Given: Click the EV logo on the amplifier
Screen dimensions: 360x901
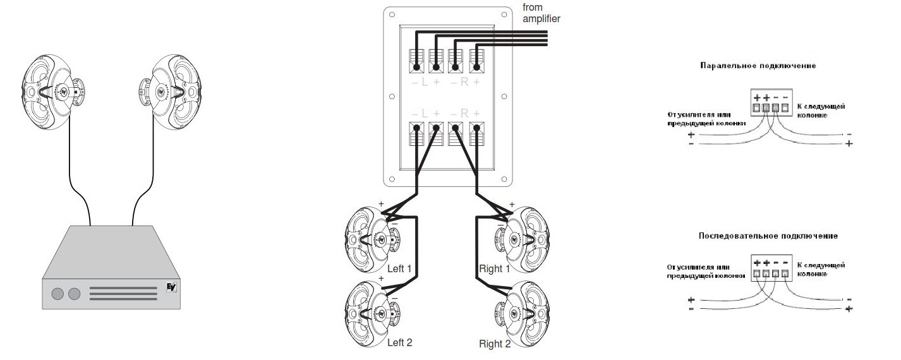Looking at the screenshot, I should point(171,286).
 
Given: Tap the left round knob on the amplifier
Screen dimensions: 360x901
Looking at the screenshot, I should point(57,294).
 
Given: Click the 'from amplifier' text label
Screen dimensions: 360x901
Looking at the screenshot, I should point(541,13).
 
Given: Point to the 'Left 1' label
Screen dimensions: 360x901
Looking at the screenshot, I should point(399,268).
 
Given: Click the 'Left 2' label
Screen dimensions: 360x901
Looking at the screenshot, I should point(399,342).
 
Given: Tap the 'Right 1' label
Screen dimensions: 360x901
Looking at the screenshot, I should point(494,268).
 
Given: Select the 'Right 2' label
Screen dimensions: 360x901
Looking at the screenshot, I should point(495,344).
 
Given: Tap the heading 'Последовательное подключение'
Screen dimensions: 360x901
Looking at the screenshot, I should point(768,236).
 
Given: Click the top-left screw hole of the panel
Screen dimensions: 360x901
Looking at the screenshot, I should point(392,13).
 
